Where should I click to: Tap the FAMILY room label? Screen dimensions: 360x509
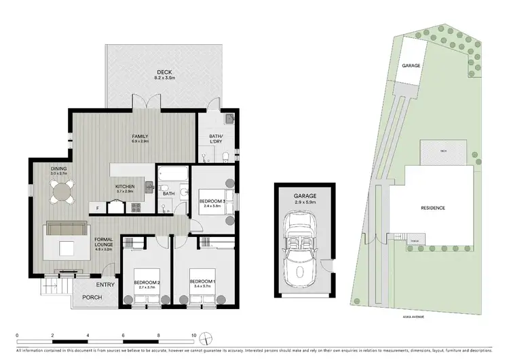(140, 136)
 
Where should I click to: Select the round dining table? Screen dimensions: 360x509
(62, 194)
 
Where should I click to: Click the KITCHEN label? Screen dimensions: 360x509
(124, 186)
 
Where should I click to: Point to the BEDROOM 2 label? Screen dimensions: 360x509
(146, 281)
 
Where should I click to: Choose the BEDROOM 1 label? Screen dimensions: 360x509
(202, 281)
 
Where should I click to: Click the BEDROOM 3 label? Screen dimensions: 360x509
(212, 202)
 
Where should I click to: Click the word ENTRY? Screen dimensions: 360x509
(105, 285)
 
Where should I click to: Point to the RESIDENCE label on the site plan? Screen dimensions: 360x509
(432, 208)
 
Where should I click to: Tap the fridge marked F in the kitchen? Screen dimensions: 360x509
(98, 208)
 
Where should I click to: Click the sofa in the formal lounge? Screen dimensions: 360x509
(66, 231)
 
